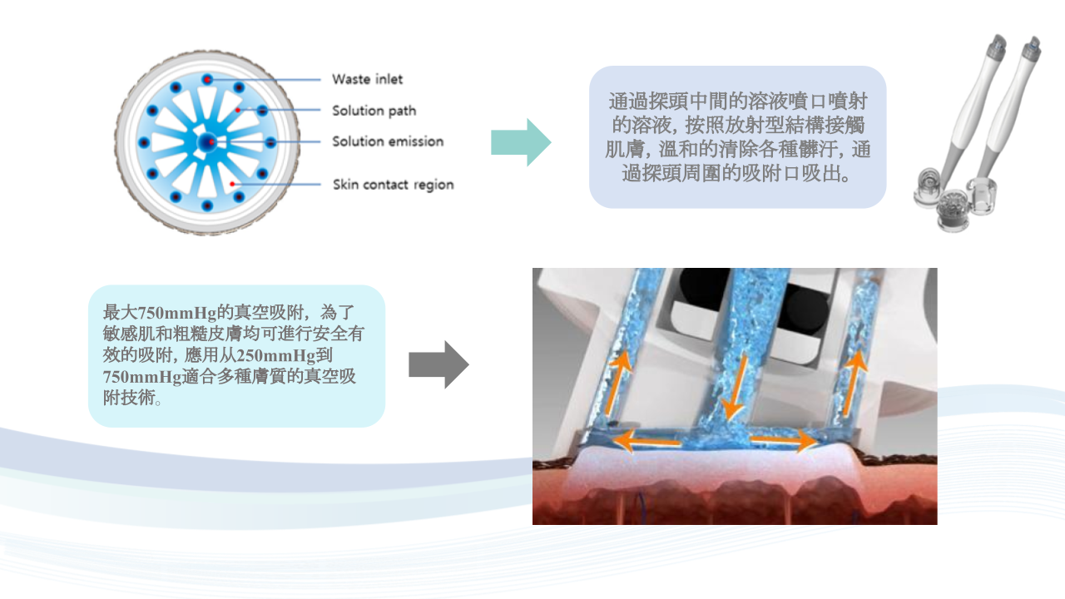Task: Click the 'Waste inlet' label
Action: tap(367, 79)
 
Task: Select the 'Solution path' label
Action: tap(374, 111)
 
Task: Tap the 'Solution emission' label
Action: tap(388, 141)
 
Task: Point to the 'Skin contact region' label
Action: tap(394, 185)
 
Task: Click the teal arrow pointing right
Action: tap(521, 142)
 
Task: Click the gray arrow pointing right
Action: tap(438, 364)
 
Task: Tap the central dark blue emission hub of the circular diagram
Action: tap(207, 142)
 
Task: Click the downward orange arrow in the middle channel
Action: tap(736, 388)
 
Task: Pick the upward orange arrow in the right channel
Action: tap(854, 384)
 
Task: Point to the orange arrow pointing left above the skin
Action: tap(647, 441)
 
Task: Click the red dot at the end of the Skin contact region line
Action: tap(232, 184)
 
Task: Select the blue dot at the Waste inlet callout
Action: tap(207, 79)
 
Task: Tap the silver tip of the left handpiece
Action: tap(997, 46)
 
